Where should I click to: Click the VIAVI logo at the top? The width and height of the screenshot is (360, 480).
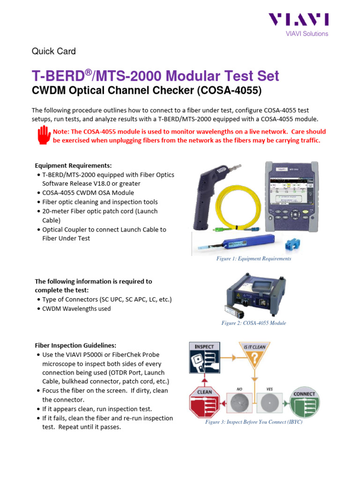pos(298,20)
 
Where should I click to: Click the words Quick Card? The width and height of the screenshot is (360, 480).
pos(53,51)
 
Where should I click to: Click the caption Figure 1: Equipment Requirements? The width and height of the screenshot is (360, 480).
pos(254,259)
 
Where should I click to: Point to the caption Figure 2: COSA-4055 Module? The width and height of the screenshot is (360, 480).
pos(254,323)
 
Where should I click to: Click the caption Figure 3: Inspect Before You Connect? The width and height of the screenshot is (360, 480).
pos(254,422)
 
